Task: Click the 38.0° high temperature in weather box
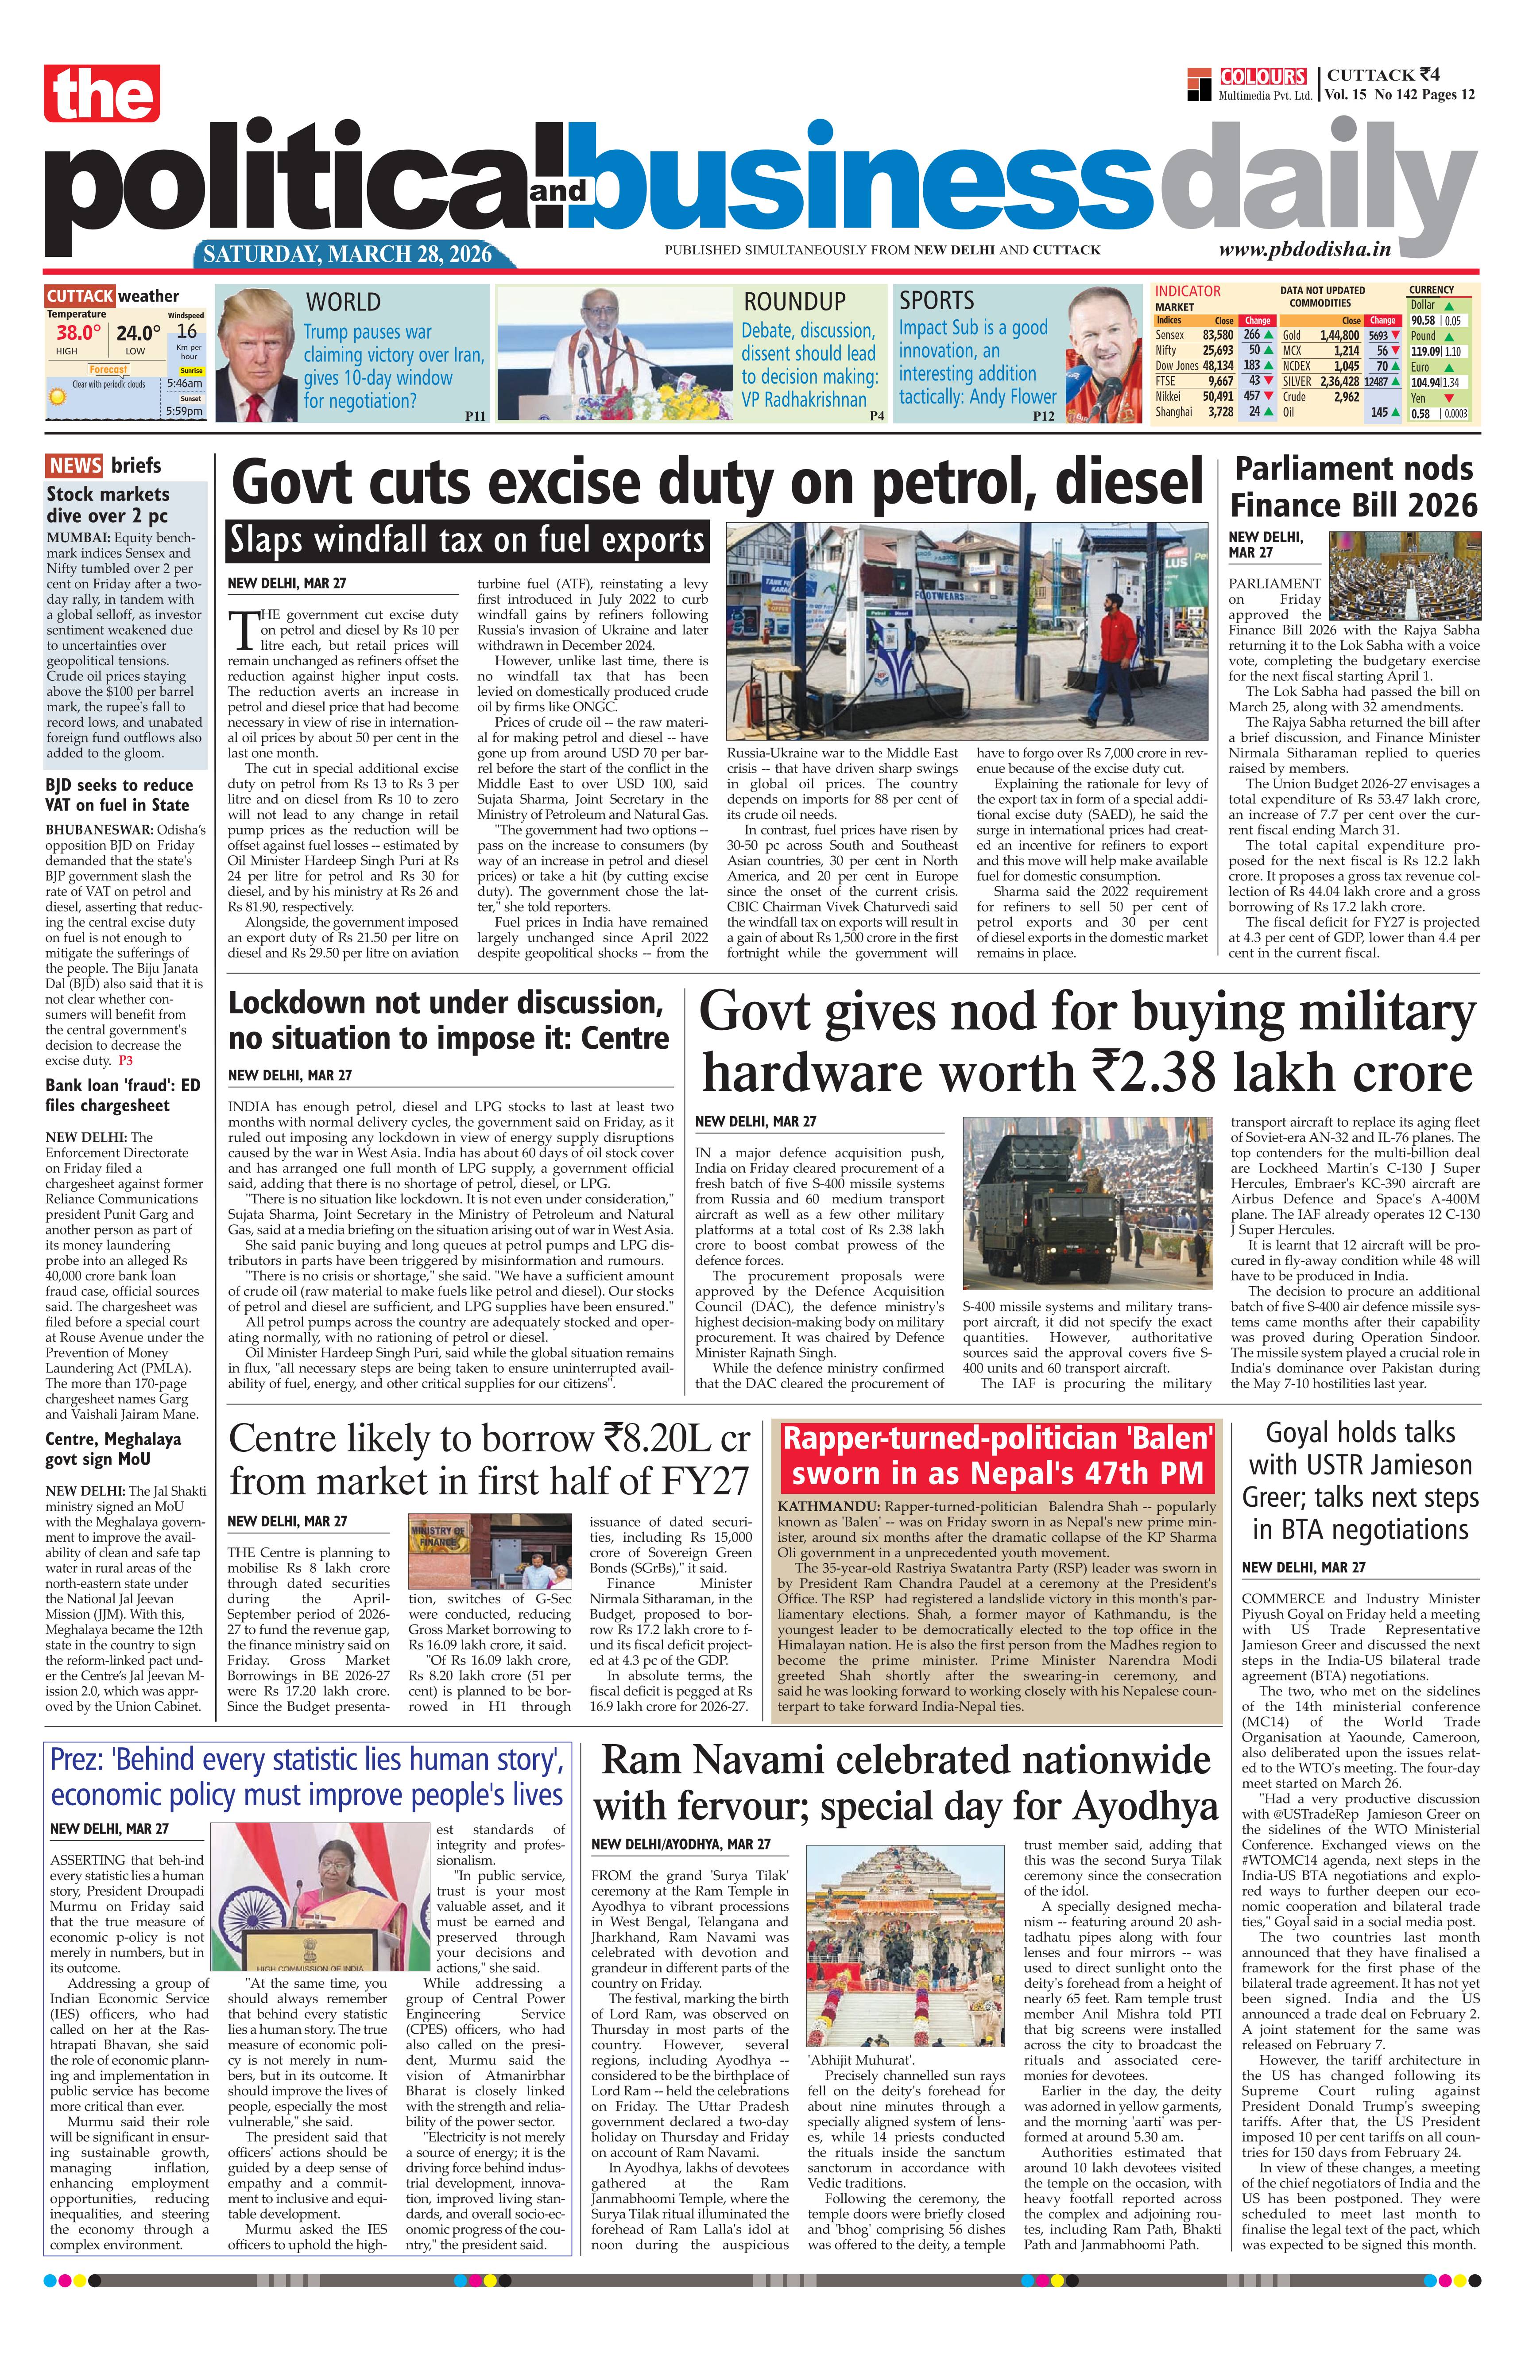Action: pos(79,334)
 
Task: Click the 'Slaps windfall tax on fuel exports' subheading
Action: pos(466,541)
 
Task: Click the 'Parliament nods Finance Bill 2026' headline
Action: pos(1353,487)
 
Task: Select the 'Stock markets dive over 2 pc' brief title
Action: pos(108,504)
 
